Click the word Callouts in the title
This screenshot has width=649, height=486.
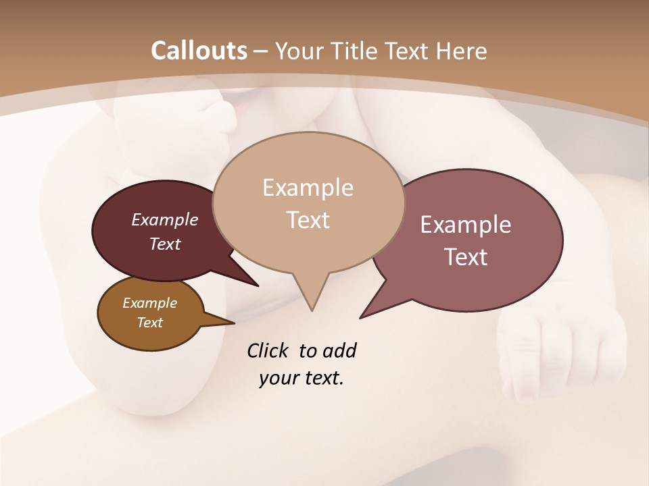[x=199, y=51]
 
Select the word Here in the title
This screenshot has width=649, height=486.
[x=462, y=51]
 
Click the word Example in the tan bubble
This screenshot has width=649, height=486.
[x=308, y=188]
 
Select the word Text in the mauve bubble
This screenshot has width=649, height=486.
[x=466, y=257]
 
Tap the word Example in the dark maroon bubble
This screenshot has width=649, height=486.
[x=165, y=219]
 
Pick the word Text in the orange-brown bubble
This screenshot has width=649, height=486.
[x=150, y=323]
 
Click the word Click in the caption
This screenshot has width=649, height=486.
[x=268, y=350]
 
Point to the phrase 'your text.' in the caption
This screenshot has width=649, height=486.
[x=302, y=378]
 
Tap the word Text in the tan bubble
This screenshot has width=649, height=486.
[x=308, y=220]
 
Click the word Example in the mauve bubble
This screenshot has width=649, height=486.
[x=466, y=225]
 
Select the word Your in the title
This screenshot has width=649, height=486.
[x=302, y=51]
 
